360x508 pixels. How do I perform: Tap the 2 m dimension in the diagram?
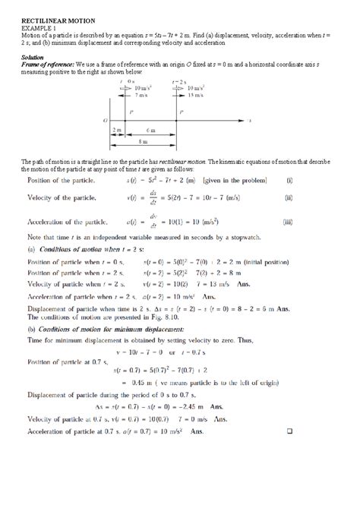coord(116,131)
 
